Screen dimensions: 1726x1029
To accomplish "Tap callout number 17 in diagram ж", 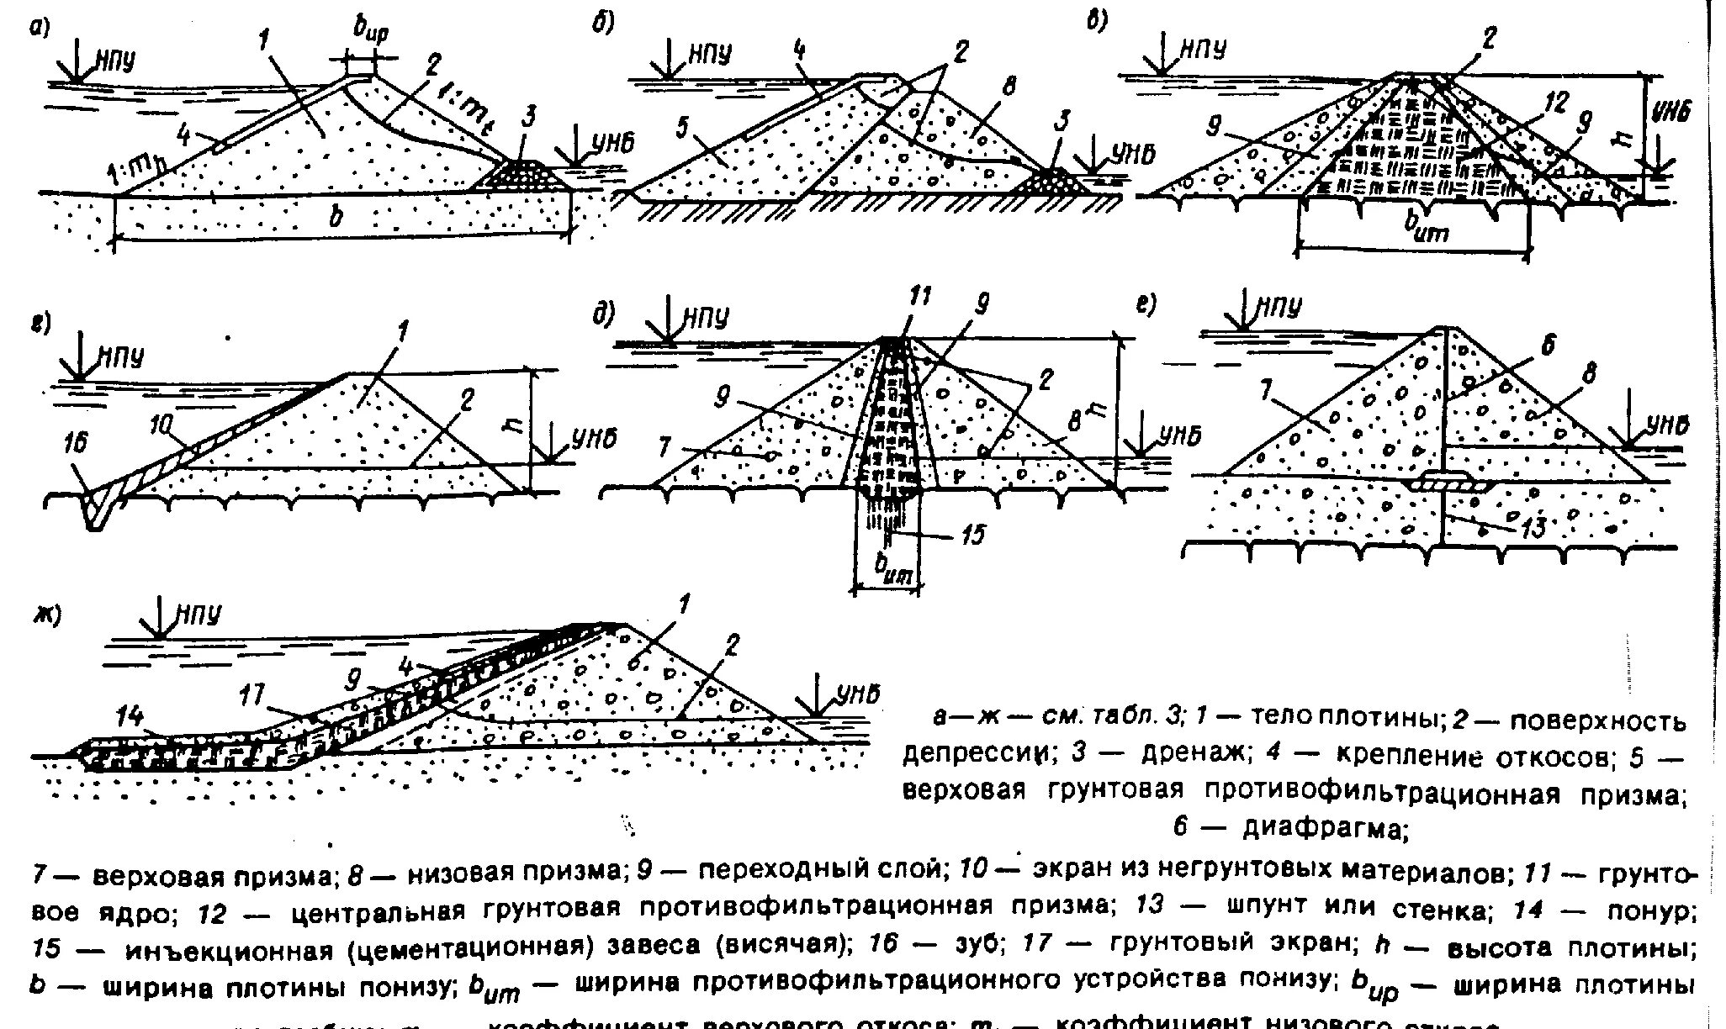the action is tap(251, 695).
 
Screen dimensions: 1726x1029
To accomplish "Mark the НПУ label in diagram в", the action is tap(1203, 50).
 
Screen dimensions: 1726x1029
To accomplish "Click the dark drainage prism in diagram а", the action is tap(517, 178).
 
